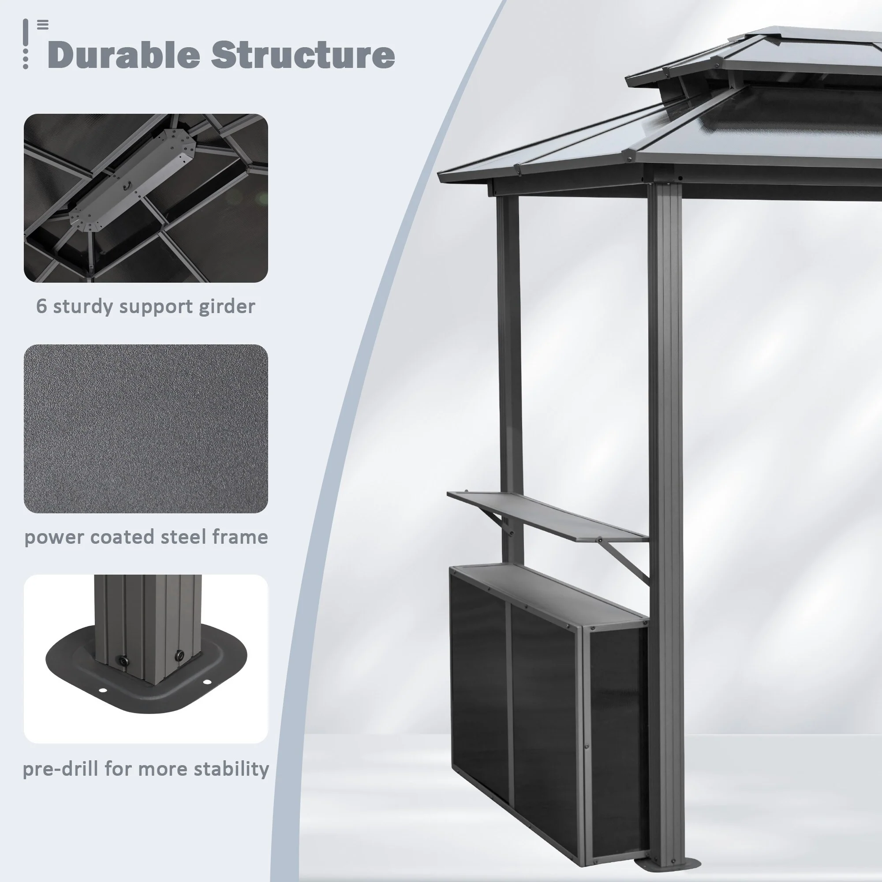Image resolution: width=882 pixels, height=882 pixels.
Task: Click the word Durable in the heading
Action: click(124, 55)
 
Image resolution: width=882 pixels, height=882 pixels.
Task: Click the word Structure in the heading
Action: click(303, 55)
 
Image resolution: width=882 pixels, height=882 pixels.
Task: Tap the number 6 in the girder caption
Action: click(41, 306)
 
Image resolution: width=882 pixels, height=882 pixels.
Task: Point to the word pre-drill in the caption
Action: click(61, 769)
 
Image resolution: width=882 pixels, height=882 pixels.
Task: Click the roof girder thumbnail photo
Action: click(146, 198)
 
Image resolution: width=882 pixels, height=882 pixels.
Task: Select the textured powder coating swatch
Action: click(146, 429)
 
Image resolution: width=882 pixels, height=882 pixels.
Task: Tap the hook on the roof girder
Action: click(127, 185)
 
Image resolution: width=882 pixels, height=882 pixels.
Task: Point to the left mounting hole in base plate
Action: click(104, 690)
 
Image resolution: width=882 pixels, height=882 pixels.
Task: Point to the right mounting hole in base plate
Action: click(208, 683)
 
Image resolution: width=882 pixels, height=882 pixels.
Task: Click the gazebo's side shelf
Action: click(547, 516)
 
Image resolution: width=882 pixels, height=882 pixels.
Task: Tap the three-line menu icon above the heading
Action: click(43, 25)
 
